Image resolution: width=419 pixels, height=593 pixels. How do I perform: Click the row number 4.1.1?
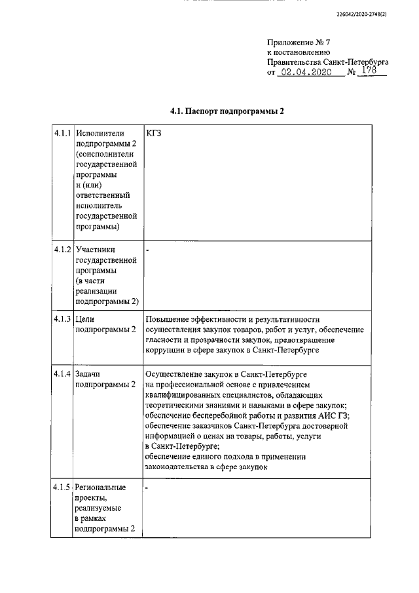[62, 133]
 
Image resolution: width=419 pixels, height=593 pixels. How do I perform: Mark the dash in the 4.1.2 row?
[147, 249]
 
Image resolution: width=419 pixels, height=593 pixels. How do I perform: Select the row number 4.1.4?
[62, 373]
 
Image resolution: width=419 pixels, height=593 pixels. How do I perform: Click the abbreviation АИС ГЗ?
[337, 415]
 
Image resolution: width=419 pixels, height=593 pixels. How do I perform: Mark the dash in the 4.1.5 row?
[147, 488]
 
